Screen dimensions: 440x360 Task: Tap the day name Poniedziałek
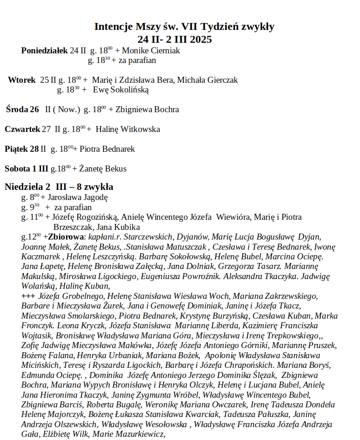pos(44,51)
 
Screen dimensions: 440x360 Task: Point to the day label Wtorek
pos(22,80)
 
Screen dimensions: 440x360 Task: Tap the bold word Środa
pos(17,109)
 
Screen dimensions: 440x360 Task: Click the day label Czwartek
pos(22,129)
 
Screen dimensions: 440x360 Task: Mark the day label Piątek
pos(17,149)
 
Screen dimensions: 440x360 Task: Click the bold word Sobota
pos(17,169)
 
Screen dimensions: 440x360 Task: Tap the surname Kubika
pos(126,227)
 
